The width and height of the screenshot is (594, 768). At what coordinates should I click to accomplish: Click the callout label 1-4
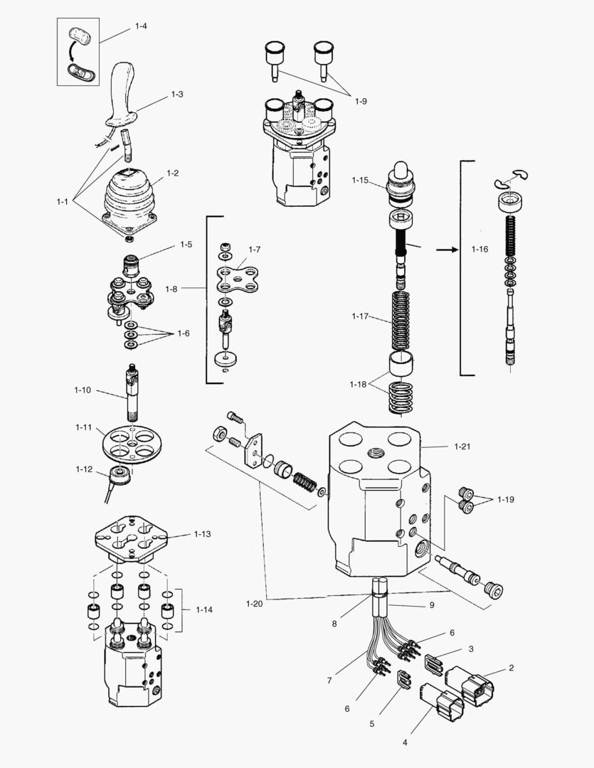(141, 26)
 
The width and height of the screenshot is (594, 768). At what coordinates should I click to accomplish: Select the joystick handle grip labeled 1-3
(122, 92)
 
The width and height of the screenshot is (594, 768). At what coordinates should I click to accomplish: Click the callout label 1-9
(361, 101)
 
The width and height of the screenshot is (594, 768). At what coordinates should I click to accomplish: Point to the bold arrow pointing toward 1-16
(445, 250)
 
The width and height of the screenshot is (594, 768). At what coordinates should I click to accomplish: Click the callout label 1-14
(203, 609)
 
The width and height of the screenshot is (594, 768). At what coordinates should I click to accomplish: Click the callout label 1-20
(254, 604)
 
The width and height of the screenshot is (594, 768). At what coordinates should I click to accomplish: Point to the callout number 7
(329, 681)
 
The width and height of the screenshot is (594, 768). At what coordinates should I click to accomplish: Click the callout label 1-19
(505, 499)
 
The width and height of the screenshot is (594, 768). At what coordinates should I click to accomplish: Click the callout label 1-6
(184, 334)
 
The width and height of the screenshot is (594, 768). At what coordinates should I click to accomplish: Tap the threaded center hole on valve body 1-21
(374, 452)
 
